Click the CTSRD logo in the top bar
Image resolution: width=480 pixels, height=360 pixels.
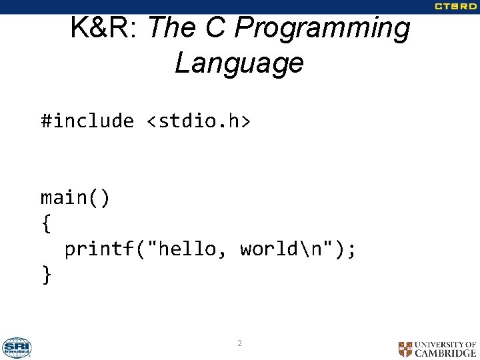(456, 7)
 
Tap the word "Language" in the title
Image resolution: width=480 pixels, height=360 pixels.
(239, 63)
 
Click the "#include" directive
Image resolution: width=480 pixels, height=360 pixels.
(87, 121)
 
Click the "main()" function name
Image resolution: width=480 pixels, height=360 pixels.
(76, 198)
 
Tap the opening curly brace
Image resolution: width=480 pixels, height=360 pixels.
(46, 224)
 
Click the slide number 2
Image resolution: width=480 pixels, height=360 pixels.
(239, 343)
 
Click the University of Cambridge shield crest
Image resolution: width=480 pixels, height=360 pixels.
(405, 349)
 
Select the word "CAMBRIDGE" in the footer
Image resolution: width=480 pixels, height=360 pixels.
(445, 353)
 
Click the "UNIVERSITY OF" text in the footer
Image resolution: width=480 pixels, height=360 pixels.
(445, 345)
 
